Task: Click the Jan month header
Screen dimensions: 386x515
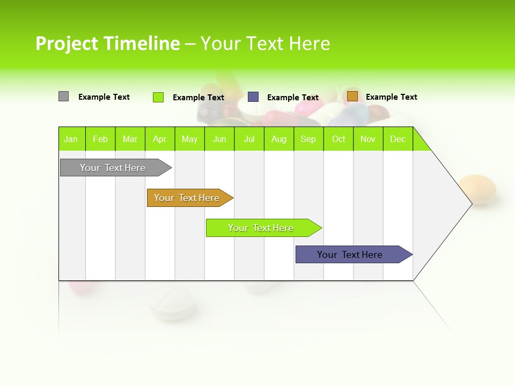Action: (x=71, y=139)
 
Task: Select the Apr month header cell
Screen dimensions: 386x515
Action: (x=160, y=139)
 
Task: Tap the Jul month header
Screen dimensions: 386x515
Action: (x=249, y=139)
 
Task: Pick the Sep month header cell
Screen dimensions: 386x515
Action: (x=308, y=139)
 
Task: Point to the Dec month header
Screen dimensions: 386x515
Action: (x=398, y=139)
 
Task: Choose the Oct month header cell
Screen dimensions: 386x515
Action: (x=339, y=139)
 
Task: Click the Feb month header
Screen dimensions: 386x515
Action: (x=100, y=139)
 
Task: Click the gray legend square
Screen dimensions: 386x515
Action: (x=63, y=96)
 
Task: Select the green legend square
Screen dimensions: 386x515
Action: (x=158, y=97)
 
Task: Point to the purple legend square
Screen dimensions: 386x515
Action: (x=253, y=97)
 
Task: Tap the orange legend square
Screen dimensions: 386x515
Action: (x=352, y=96)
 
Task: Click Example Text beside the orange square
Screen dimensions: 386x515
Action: (x=391, y=97)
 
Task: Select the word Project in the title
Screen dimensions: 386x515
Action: (x=67, y=43)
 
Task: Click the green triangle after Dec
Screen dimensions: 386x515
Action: (x=421, y=143)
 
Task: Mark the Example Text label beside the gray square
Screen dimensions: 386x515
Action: (x=104, y=97)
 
